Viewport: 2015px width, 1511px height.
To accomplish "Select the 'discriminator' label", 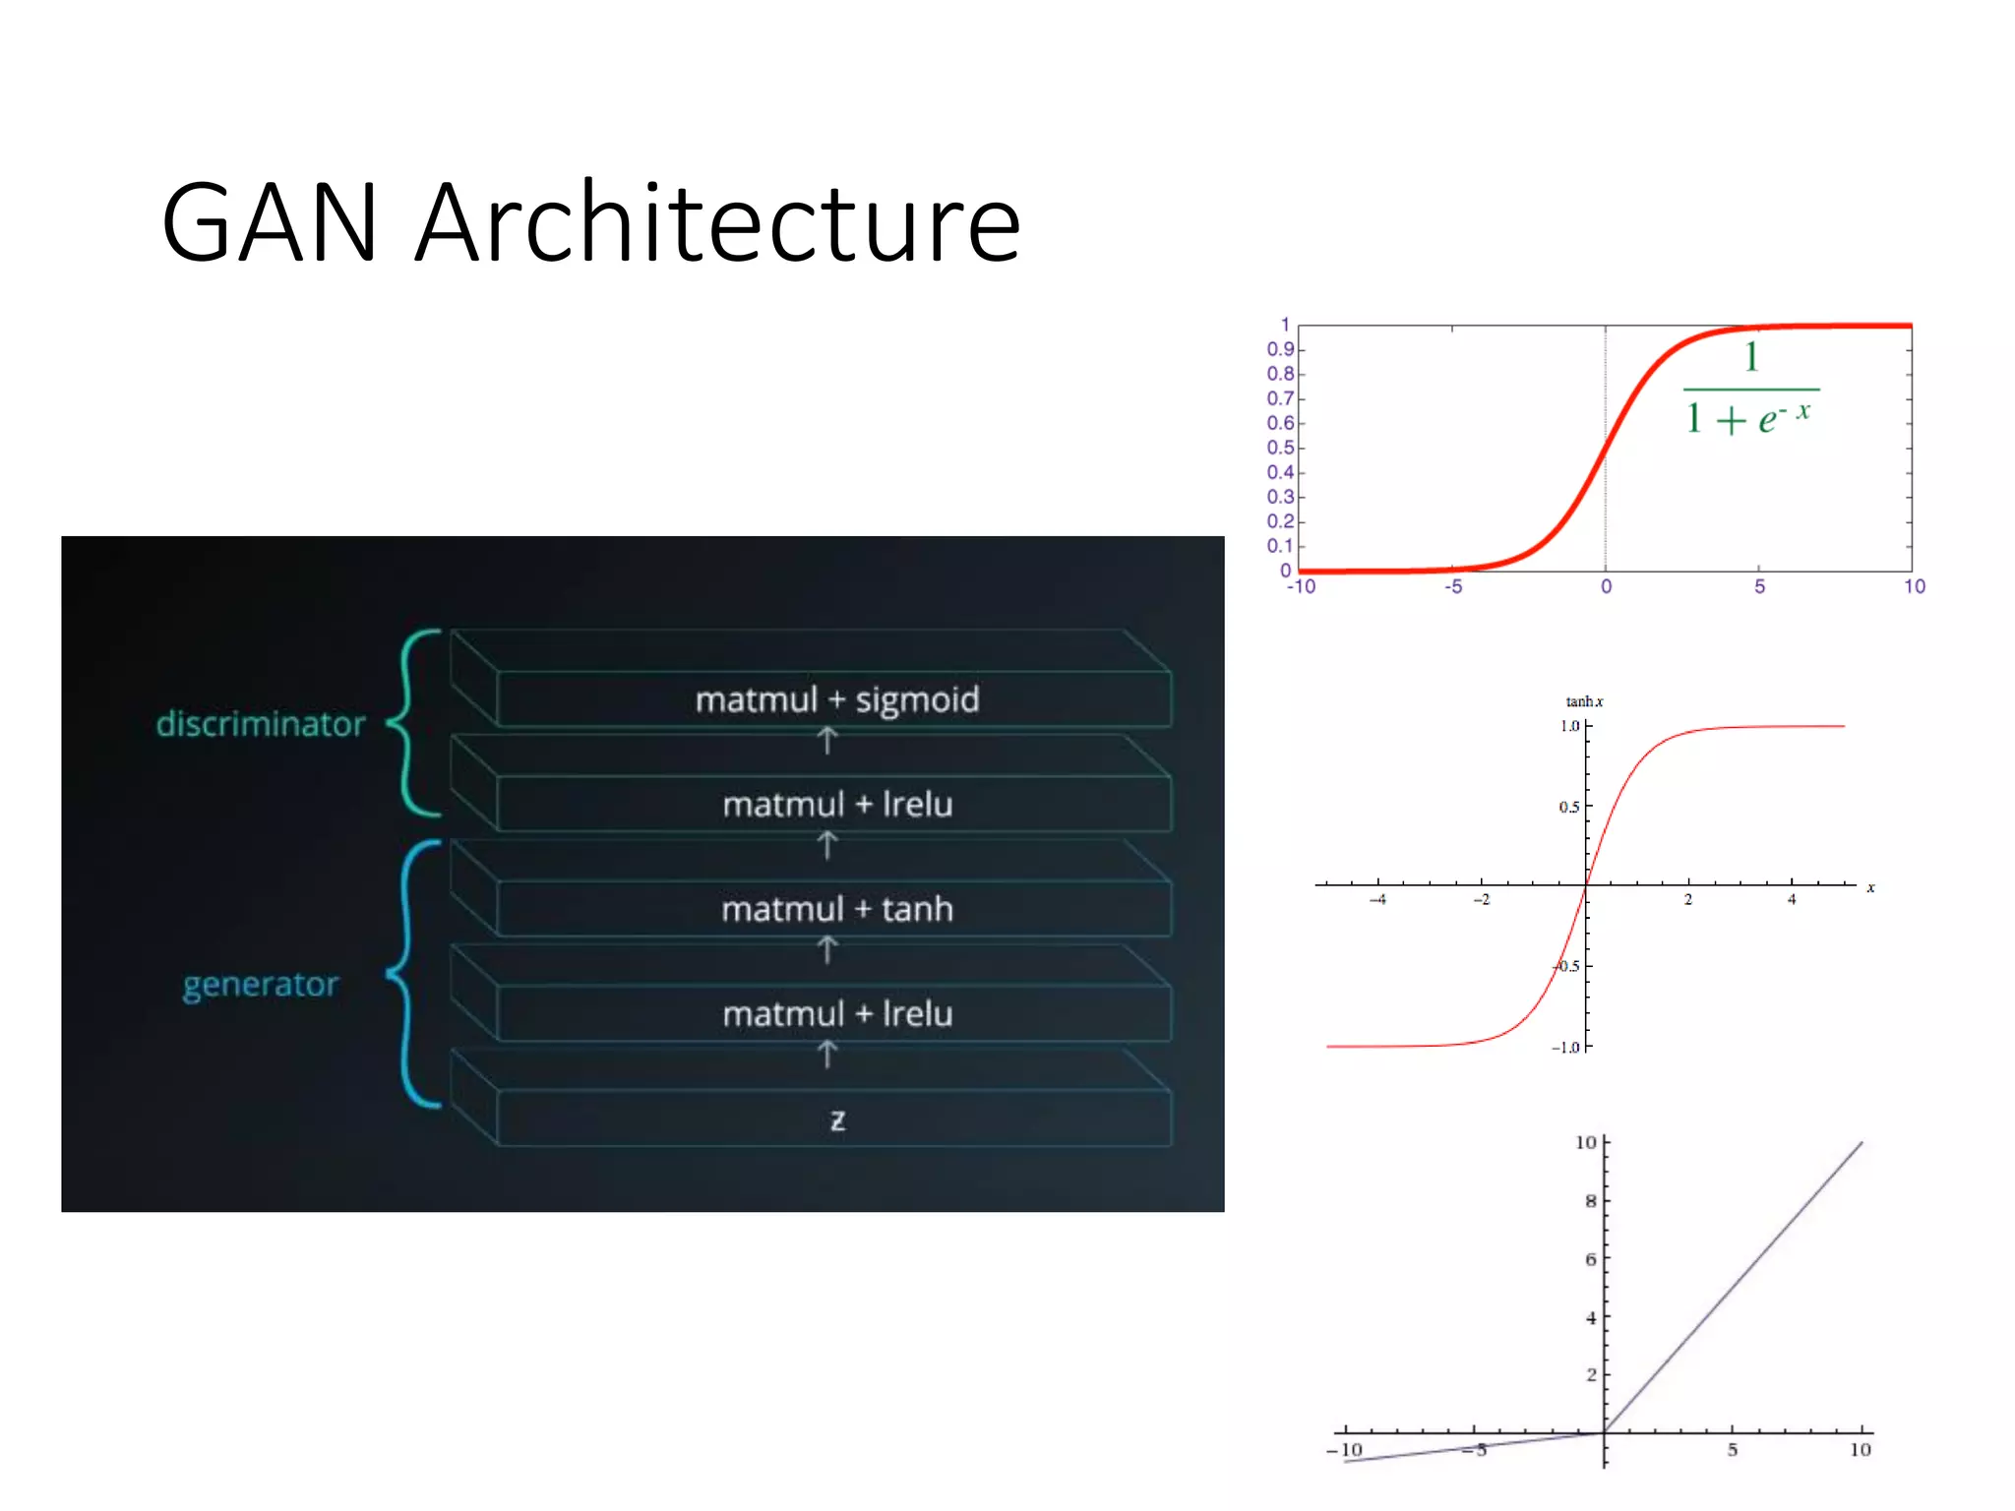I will click(x=261, y=724).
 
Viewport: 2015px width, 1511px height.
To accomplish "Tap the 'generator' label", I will click(x=261, y=984).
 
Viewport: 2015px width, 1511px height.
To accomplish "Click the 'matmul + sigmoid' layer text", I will click(x=837, y=699).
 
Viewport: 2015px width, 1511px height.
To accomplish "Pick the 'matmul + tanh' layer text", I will click(x=837, y=909).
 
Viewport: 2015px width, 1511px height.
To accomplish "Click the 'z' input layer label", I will click(x=837, y=1119).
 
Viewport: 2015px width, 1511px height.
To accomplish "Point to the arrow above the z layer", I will click(x=827, y=1055).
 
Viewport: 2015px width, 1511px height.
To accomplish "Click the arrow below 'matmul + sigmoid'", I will click(x=827, y=741).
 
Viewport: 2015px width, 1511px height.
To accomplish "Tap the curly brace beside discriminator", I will click(x=411, y=723).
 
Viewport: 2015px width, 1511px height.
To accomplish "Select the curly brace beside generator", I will click(x=411, y=974).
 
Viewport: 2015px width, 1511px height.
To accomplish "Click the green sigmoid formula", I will click(x=1749, y=390).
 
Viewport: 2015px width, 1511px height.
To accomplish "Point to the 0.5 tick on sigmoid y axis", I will click(x=1280, y=448).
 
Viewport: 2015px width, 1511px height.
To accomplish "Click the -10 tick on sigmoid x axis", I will click(x=1301, y=586).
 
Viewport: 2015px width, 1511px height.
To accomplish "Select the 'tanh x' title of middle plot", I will click(x=1584, y=701).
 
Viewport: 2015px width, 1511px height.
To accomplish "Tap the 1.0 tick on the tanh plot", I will click(x=1569, y=726).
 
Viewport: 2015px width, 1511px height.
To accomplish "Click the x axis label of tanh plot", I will click(x=1870, y=887).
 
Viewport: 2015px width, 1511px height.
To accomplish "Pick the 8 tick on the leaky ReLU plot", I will click(x=1590, y=1200).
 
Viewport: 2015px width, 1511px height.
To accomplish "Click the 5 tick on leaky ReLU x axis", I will click(x=1733, y=1449).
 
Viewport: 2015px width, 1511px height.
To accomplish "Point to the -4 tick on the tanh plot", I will click(x=1378, y=899).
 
